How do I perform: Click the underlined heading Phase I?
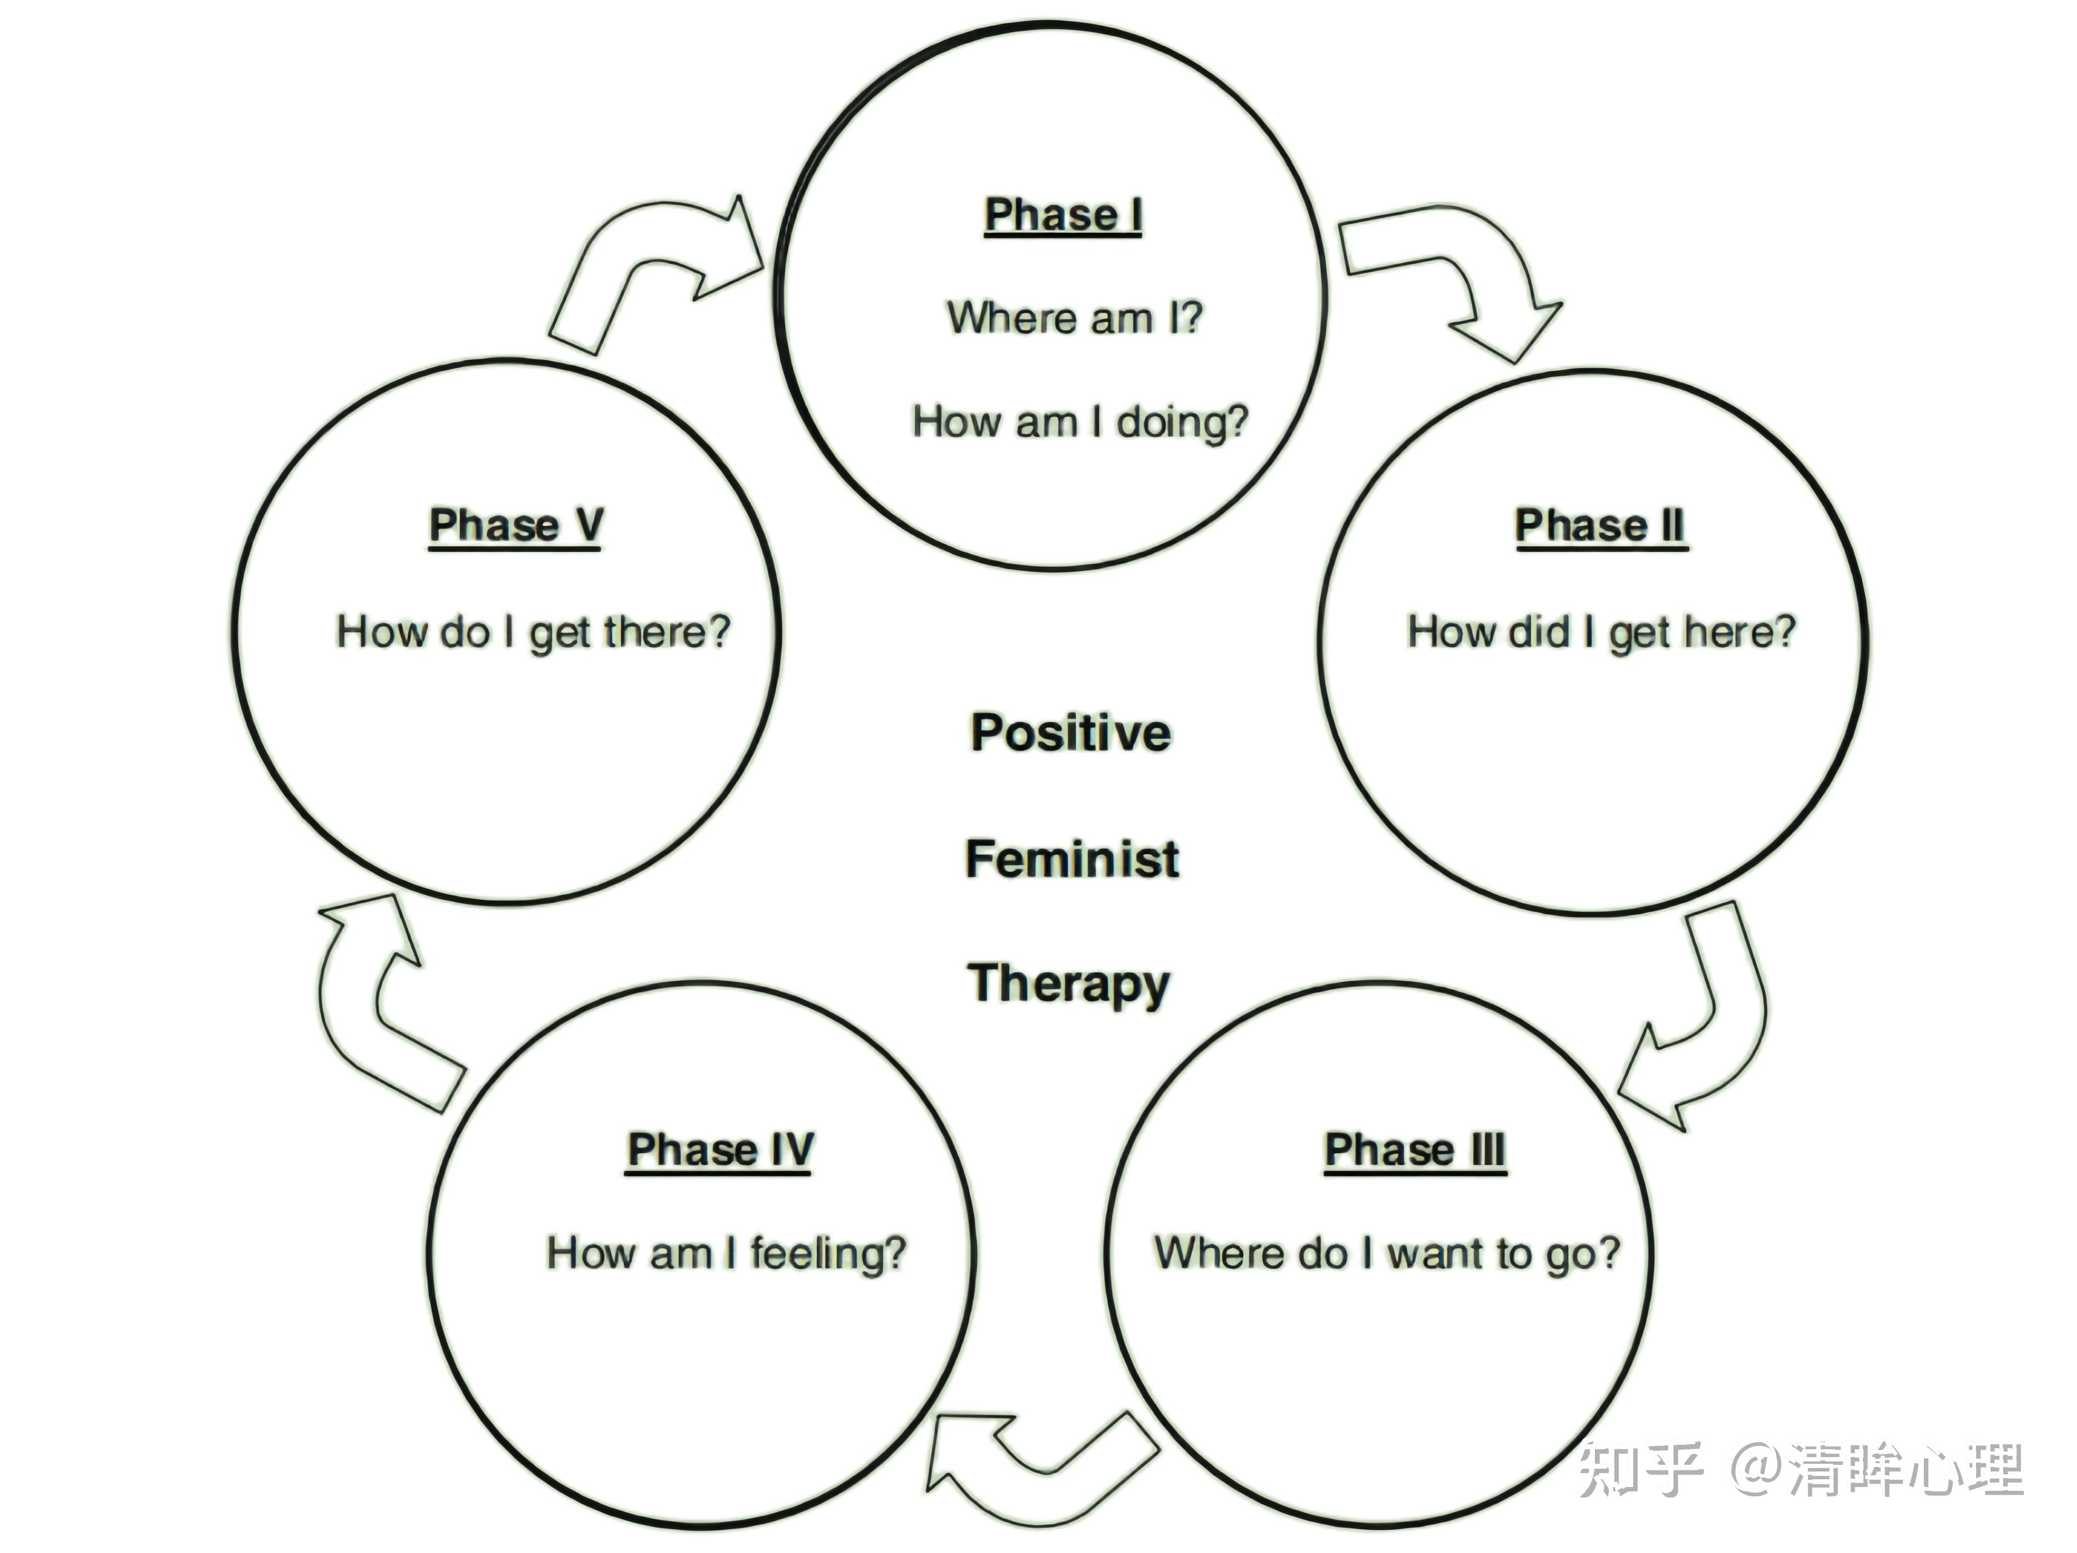coord(1063,216)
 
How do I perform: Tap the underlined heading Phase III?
coord(1415,1151)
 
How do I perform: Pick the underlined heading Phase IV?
coord(720,1151)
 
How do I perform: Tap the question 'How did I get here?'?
coord(1601,632)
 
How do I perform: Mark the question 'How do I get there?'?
coord(533,632)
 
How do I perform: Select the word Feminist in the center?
coord(1072,859)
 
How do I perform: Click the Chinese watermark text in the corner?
coord(1801,1469)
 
